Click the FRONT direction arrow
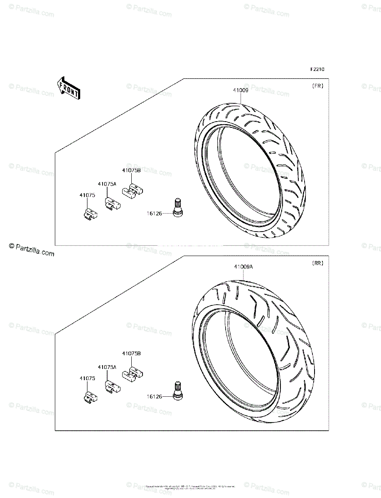(68, 88)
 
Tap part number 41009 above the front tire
(241, 90)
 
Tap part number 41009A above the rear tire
(243, 267)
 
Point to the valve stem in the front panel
(178, 207)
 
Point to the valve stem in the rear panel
(178, 391)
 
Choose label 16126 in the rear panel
(154, 396)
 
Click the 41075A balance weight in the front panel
(112, 203)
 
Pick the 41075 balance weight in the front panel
(88, 213)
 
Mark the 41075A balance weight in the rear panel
(112, 387)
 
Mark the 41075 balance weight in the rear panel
(88, 396)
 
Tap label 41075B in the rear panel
(131, 354)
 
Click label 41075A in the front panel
(107, 183)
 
